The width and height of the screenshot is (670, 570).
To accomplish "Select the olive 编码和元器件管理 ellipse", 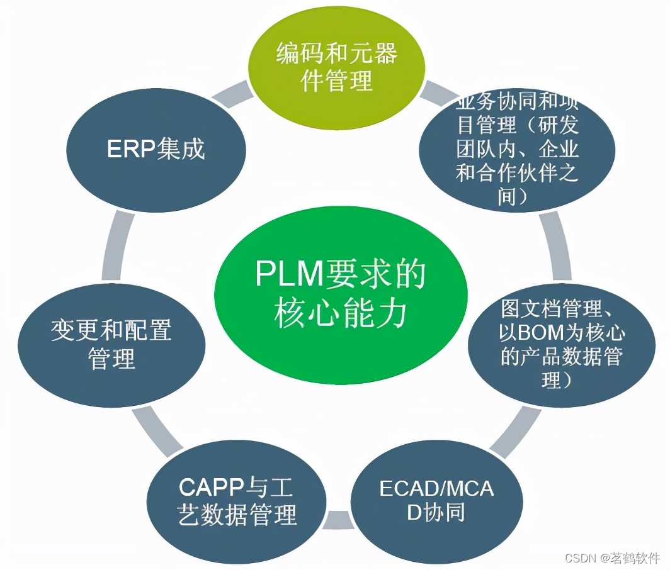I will [x=337, y=67].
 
